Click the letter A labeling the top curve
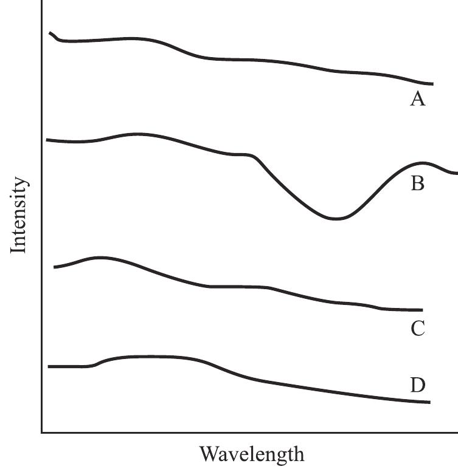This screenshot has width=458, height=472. [417, 99]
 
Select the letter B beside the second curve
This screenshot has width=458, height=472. [417, 183]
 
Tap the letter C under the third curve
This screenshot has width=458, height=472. [417, 329]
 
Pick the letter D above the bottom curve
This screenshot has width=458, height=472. [417, 385]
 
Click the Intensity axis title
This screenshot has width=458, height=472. [19, 215]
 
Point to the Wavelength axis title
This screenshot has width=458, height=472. [251, 454]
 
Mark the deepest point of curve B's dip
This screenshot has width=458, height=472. [335, 219]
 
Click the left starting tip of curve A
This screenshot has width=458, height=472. [50, 32]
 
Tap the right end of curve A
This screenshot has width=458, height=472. [432, 84]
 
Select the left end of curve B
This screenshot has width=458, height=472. [47, 140]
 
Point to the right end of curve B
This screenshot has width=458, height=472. [457, 173]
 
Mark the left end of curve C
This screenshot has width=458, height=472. [55, 267]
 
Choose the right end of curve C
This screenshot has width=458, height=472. [422, 310]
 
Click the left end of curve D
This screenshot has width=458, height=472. [49, 367]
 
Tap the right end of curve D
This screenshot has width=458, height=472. [429, 402]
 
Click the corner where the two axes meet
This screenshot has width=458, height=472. [42, 432]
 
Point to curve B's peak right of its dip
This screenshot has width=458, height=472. [422, 163]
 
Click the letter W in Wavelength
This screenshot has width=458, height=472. [209, 454]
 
